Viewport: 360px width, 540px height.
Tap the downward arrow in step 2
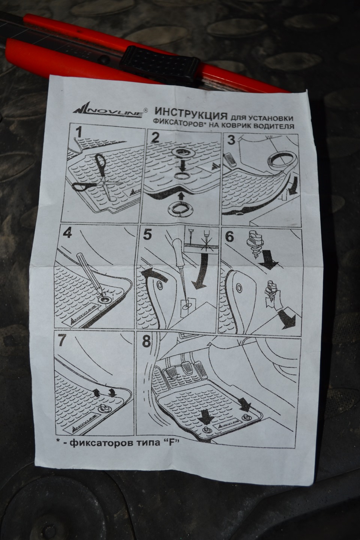click(182, 165)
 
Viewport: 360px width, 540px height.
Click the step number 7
click(63, 340)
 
